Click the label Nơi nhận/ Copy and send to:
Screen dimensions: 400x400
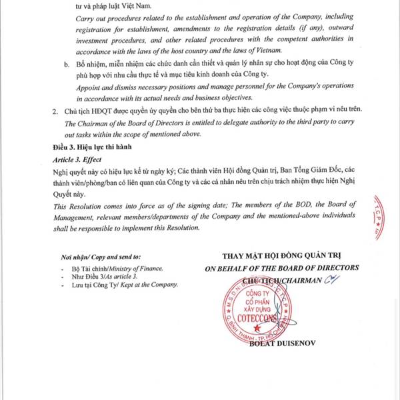(91, 256)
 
